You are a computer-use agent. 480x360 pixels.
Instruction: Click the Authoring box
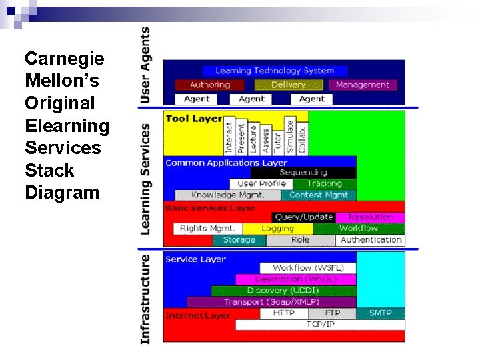[209, 85]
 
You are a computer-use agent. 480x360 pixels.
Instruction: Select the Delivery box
[288, 85]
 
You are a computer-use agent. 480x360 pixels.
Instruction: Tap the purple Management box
[363, 85]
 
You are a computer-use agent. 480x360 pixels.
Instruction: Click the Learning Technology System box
[274, 70]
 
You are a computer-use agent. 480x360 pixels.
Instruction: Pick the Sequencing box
[303, 173]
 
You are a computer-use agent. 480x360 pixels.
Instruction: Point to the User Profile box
[261, 183]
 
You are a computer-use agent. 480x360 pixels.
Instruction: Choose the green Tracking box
[325, 183]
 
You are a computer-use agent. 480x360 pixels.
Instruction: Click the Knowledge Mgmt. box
[227, 195]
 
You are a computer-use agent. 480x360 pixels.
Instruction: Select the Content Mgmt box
[319, 195]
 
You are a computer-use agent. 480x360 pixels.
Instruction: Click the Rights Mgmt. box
[207, 228]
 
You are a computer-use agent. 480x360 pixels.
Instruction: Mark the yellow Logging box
[278, 228]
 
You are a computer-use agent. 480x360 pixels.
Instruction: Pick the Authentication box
[371, 239]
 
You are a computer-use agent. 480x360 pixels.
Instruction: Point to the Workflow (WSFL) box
[307, 267]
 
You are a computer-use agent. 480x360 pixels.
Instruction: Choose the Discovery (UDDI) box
[283, 291]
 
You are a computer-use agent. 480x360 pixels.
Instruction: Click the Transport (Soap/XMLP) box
[271, 302]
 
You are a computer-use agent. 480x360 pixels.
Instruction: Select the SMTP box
[381, 313]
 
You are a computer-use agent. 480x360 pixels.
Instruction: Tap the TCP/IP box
[320, 324]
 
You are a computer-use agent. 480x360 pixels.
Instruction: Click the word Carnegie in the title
[64, 59]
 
